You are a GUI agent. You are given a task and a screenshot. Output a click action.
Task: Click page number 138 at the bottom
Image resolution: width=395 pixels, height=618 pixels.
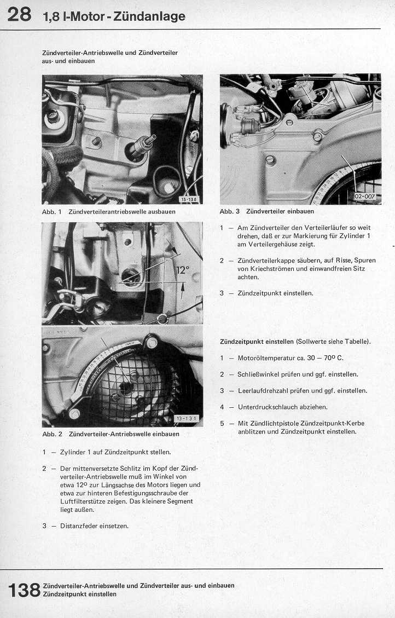24,590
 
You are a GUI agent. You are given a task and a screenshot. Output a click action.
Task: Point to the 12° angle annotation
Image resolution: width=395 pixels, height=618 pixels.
182,270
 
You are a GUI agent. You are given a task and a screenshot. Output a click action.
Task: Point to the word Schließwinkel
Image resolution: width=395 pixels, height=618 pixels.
260,374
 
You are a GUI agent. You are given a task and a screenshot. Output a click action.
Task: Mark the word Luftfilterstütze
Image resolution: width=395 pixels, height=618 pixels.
85,501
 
